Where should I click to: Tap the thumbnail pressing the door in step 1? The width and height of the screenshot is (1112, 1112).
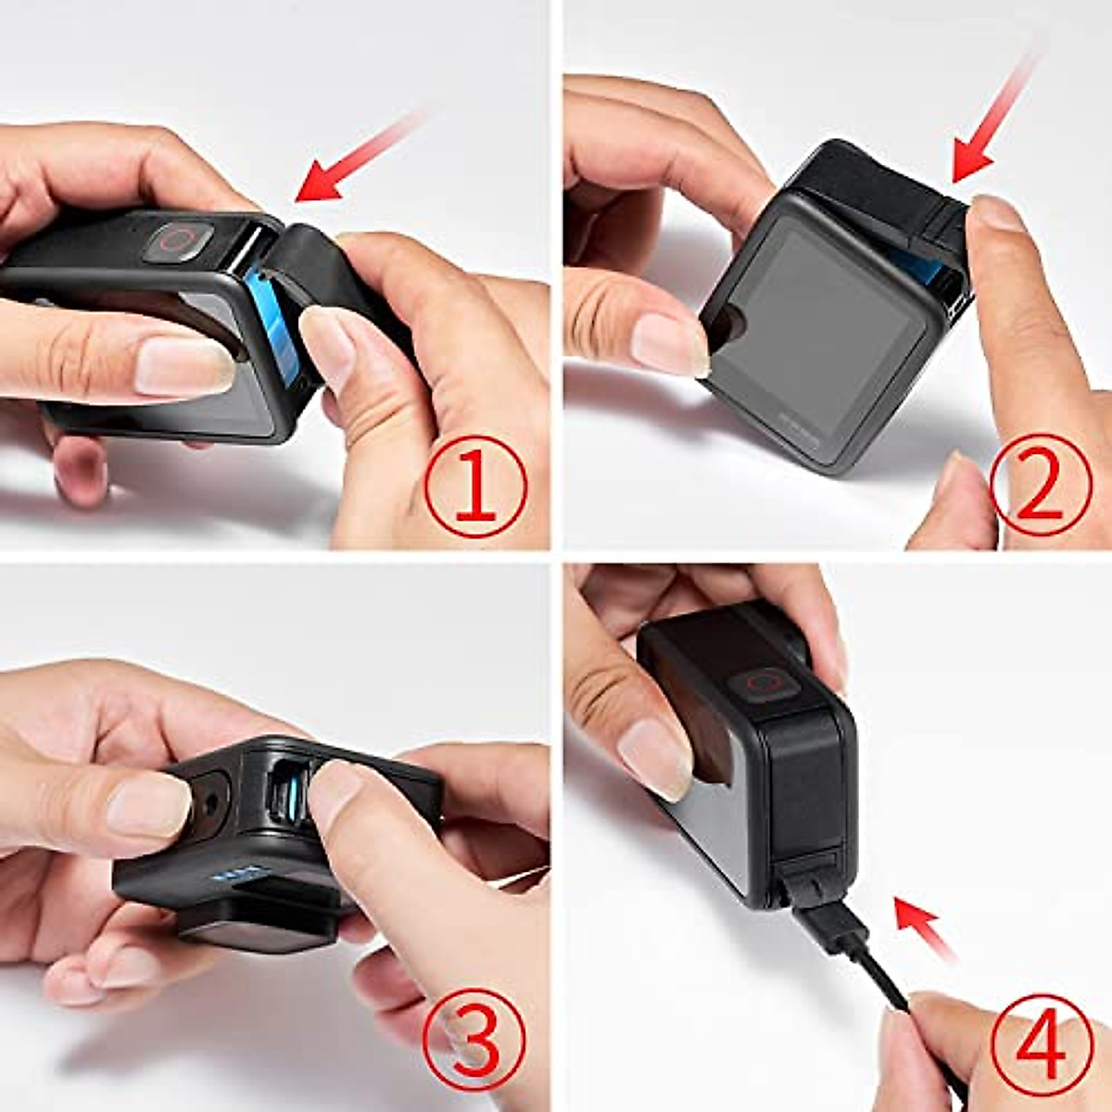(x=327, y=343)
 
